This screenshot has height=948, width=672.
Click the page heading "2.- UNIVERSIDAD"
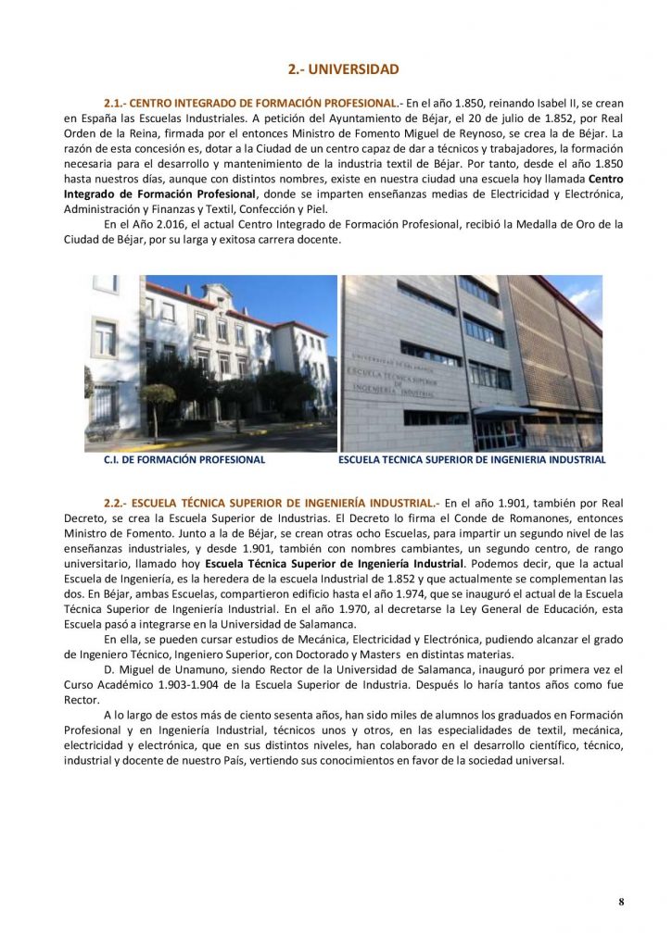pos(343,69)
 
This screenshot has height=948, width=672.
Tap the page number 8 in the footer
pos(621,902)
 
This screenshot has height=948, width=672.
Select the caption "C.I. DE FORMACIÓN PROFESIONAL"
pos(184,459)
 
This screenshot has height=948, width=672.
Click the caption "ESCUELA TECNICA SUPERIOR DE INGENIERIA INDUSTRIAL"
pos(472,459)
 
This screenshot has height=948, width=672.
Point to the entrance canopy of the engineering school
pos(505,411)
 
